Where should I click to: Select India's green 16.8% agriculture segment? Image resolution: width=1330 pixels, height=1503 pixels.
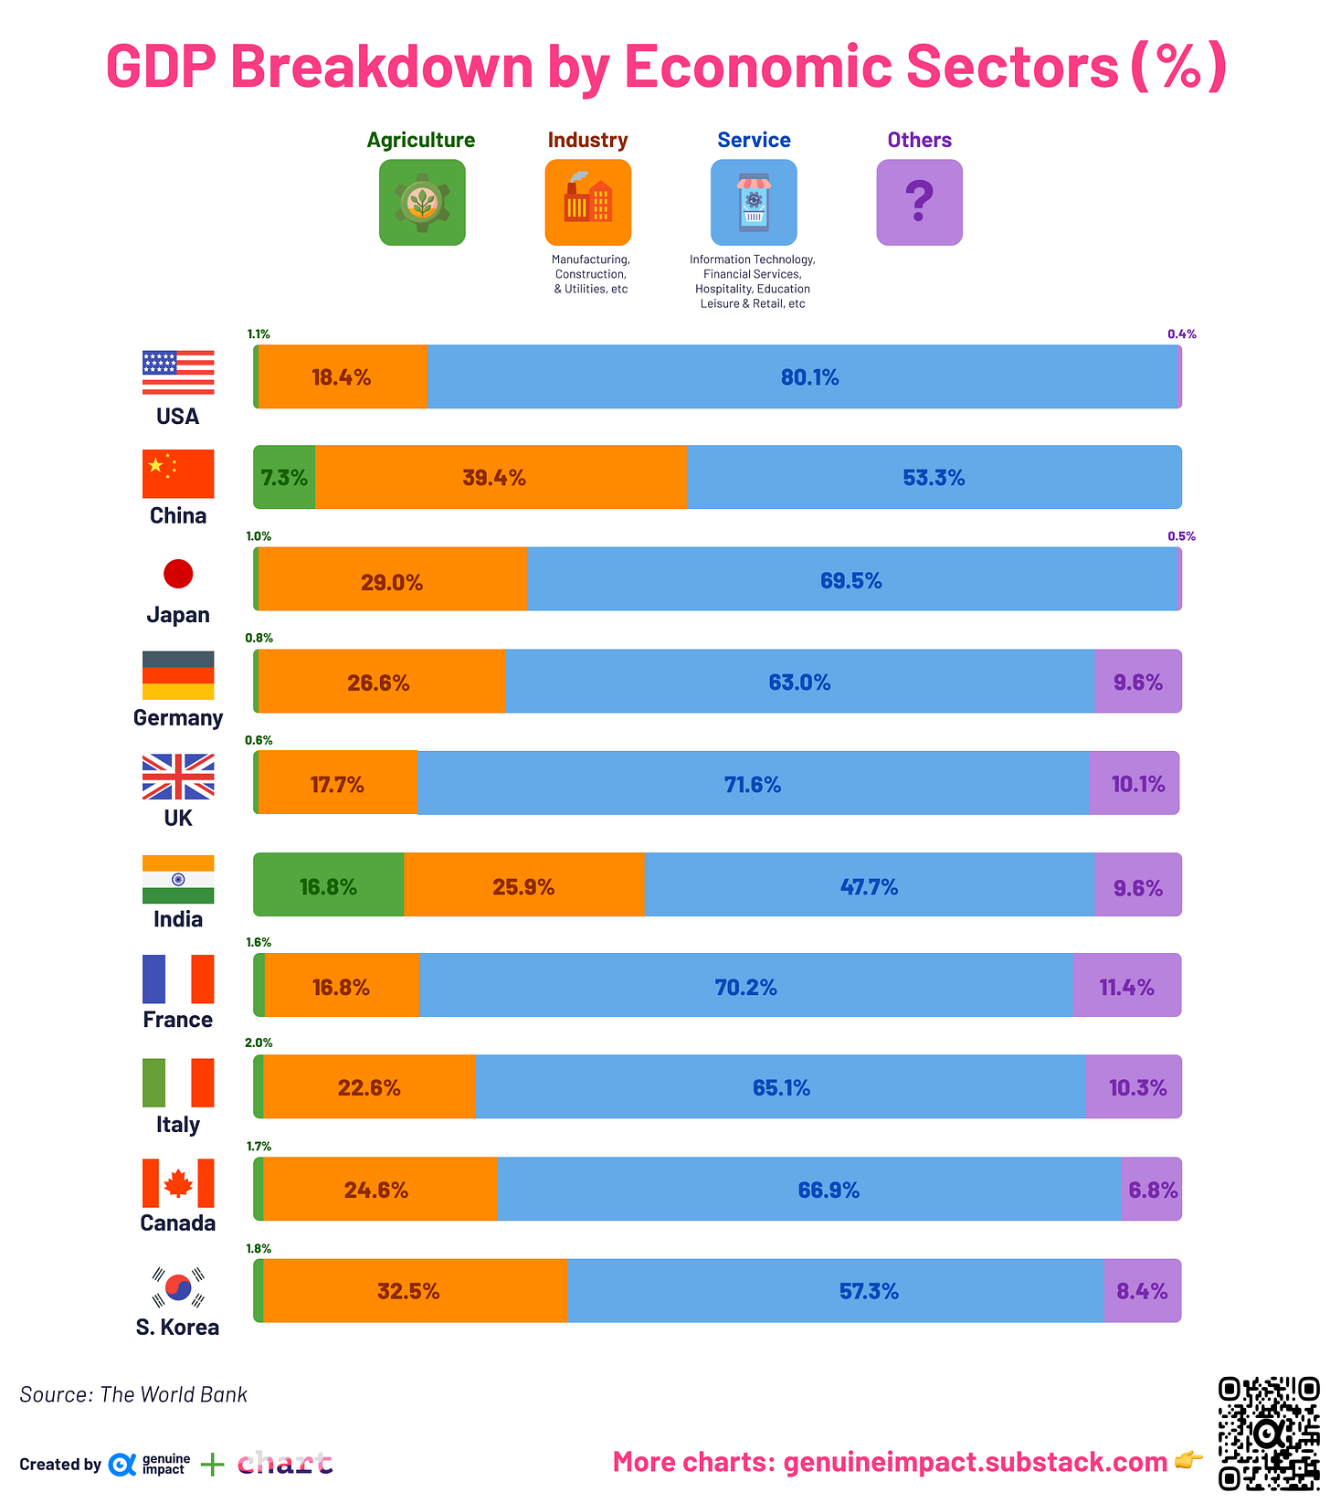[x=328, y=885]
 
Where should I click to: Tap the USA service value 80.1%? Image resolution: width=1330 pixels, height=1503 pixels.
[x=809, y=377]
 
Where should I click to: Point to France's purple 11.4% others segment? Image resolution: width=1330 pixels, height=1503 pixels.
[x=1126, y=986]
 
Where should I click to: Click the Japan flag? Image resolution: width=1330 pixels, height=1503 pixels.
[x=178, y=574]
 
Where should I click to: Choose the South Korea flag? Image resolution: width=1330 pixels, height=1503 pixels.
[x=178, y=1287]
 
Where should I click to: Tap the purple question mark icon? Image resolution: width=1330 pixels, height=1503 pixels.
[x=919, y=202]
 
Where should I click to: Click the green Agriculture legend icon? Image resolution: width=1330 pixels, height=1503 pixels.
[x=422, y=202]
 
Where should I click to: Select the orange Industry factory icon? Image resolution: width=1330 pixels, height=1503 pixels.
[x=587, y=202]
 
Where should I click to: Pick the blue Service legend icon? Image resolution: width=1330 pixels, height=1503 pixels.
[x=754, y=202]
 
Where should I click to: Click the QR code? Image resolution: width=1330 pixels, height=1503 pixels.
[x=1269, y=1433]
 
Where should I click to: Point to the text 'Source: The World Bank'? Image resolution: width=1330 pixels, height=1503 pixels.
[x=133, y=1394]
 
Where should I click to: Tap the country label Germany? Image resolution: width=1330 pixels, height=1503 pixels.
[x=178, y=717]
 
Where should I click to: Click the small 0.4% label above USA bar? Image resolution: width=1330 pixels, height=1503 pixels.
[x=1181, y=334]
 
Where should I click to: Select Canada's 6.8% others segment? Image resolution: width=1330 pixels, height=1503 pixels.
[x=1151, y=1189]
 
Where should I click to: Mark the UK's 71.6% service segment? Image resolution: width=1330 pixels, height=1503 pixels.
[x=753, y=784]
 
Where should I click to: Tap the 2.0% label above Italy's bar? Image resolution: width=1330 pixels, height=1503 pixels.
[x=259, y=1043]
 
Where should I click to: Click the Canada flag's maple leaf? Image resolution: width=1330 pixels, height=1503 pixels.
[x=178, y=1184]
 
